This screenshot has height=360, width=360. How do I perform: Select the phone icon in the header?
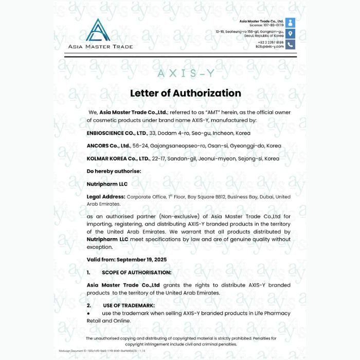[x=291, y=45]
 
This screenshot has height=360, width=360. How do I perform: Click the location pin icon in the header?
[x=291, y=33]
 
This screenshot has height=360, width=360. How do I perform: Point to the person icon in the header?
[x=291, y=23]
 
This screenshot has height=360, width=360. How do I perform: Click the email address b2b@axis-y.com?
[x=269, y=47]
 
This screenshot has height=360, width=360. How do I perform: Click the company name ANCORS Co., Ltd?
[x=108, y=146]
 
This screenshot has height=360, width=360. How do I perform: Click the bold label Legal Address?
[x=105, y=197]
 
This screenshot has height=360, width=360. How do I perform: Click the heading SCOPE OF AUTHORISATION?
[x=136, y=272]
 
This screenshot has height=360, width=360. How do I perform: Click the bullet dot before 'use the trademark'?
[x=88, y=313]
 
